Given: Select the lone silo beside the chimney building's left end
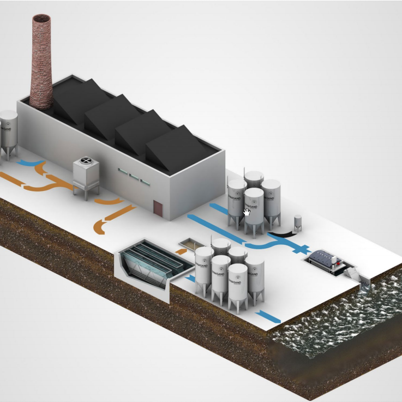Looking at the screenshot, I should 8,131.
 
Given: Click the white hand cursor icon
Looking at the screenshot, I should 247,212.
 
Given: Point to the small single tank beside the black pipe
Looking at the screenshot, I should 298,223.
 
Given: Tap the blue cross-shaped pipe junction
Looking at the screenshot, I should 298,249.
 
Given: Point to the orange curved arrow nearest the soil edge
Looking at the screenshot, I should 107,221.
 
